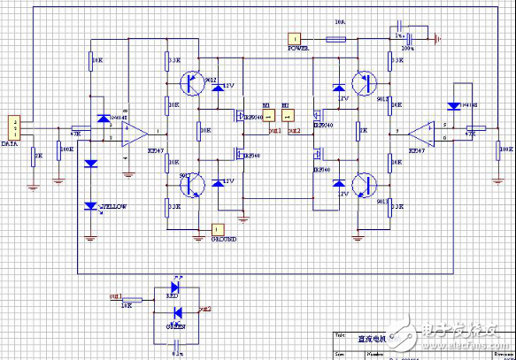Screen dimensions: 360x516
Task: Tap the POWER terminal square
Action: (x=293, y=38)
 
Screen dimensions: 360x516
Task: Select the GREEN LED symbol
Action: (x=178, y=311)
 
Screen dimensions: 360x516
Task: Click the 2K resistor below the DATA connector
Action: (x=34, y=156)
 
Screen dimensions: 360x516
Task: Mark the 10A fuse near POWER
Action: (x=337, y=39)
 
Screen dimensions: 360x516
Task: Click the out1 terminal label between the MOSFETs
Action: (x=275, y=130)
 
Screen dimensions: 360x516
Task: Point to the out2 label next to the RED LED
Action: (x=205, y=309)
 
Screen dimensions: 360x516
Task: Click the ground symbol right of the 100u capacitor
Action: (x=436, y=38)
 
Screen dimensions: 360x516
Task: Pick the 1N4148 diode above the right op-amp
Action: (x=455, y=103)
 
